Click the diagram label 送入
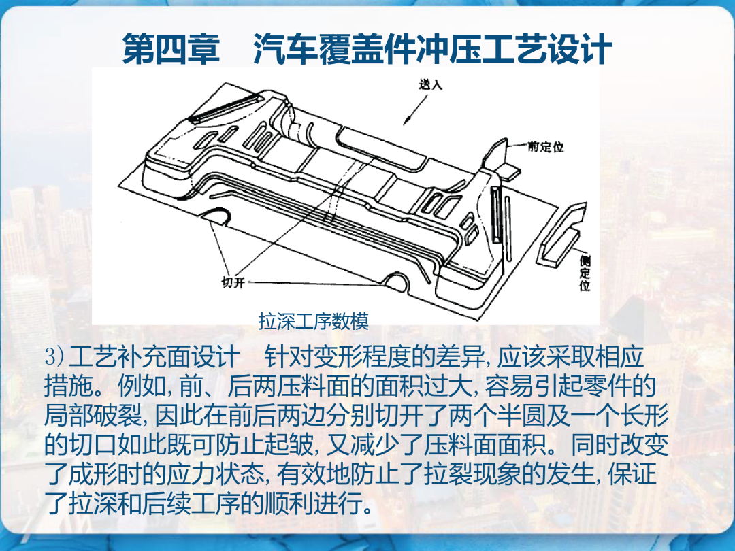(431, 84)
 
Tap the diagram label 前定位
(546, 147)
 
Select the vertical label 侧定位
(585, 273)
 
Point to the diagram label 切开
(233, 282)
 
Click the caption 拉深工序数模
(314, 321)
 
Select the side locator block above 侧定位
(563, 234)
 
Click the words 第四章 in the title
(171, 49)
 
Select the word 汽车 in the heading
(285, 49)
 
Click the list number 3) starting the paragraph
(54, 358)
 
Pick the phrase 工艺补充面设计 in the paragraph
(154, 358)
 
